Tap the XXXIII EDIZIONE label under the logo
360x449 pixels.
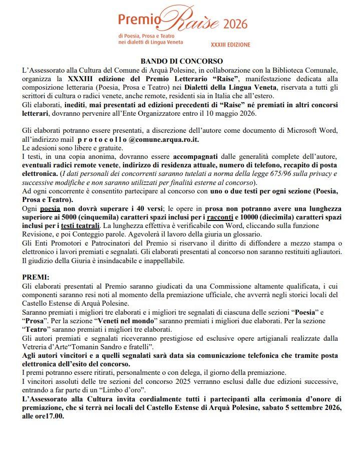tap(230, 45)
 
